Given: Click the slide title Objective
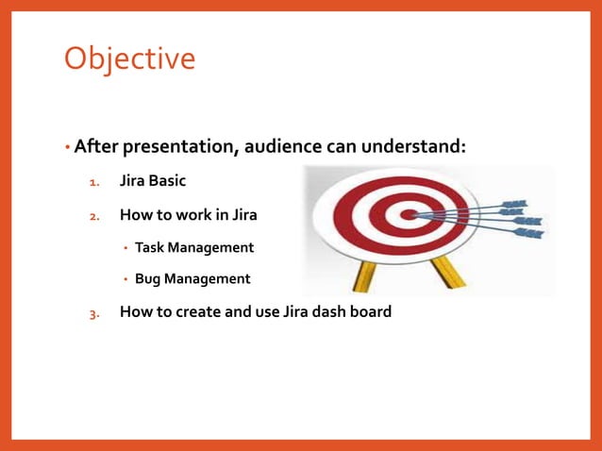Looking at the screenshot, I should [129, 58].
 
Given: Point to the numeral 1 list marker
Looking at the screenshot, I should [93, 182].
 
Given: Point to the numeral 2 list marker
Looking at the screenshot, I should [93, 215].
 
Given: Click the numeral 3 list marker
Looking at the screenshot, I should [93, 312].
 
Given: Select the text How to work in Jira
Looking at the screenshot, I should [188, 214].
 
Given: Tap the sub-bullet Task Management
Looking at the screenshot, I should [194, 247].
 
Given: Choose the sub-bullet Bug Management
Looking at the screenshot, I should [192, 279].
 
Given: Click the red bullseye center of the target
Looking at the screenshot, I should [409, 214].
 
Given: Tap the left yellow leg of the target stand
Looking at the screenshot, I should [363, 275].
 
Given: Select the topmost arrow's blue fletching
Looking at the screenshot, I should [514, 203].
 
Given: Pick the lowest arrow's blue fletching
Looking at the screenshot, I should [529, 233].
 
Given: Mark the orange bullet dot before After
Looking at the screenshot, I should [68, 148].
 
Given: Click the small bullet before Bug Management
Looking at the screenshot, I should [125, 280].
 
